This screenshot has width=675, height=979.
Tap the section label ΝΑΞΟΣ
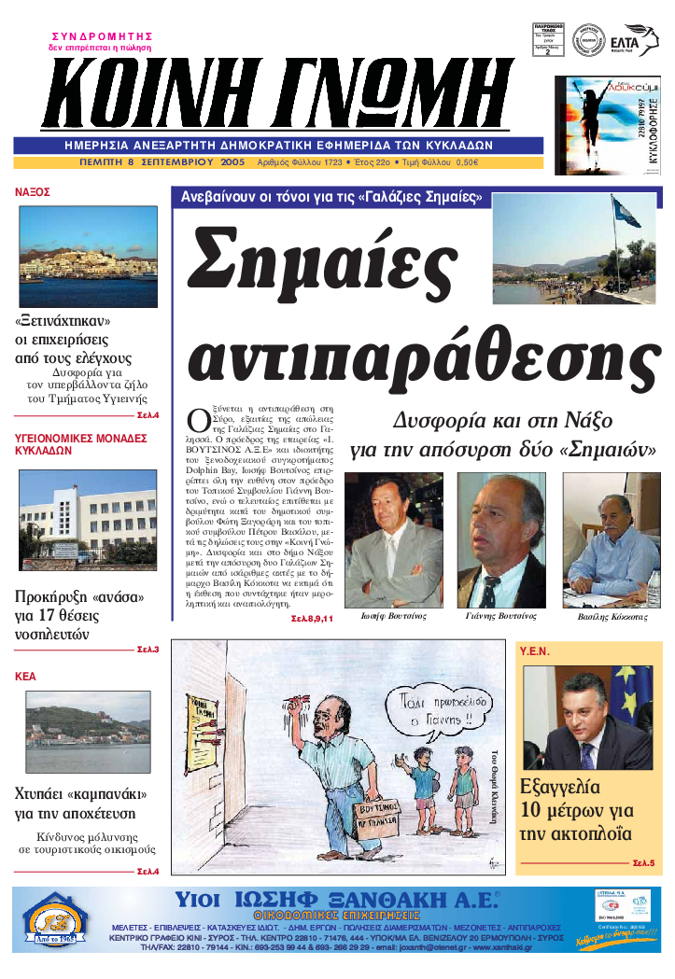click(33, 192)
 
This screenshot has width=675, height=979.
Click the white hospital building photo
click(89, 519)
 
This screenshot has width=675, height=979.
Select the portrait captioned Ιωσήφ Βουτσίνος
click(393, 540)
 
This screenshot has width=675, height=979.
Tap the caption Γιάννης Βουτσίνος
click(500, 617)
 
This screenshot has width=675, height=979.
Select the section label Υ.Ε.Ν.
click(535, 650)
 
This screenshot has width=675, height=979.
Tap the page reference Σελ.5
click(643, 862)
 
